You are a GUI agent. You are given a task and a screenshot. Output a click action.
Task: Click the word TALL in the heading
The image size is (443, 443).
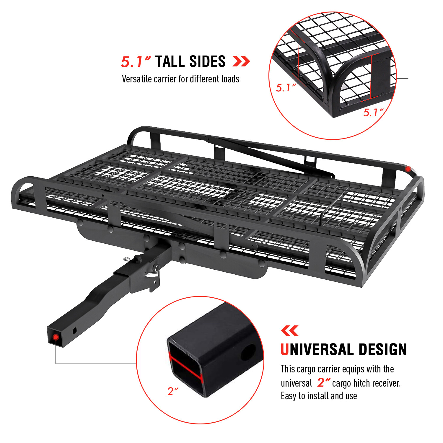point(170,61)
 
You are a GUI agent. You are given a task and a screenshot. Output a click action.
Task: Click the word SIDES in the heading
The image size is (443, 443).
point(207,61)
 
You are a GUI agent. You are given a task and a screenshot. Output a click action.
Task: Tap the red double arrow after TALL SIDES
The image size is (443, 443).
point(241,61)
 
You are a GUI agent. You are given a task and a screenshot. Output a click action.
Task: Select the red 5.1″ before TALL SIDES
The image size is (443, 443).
point(136,62)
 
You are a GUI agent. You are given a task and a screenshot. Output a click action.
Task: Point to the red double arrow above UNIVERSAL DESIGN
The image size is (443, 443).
point(289,331)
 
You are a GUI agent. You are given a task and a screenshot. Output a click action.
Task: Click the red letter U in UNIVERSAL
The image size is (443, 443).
point(284,350)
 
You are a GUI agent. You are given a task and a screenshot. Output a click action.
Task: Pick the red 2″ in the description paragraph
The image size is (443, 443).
point(323,383)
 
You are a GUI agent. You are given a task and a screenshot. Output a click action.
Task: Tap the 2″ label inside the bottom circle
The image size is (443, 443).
point(173,392)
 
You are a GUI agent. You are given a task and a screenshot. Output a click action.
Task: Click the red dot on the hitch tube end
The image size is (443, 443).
point(56,337)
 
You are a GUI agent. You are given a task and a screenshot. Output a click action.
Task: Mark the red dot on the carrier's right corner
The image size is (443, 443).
point(408,169)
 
